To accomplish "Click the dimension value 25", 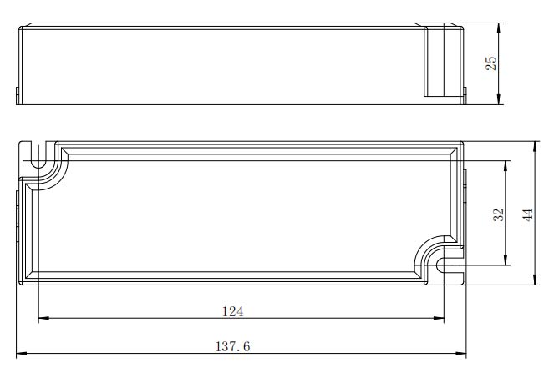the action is coord(490,63).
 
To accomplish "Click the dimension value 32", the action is coord(498,214).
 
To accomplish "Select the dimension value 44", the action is coord(528,214).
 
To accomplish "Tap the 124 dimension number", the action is coord(233,311).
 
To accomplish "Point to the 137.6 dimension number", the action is coord(233,346).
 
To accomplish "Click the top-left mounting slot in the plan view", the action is coord(38,155).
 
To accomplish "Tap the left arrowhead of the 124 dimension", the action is coord(43,318).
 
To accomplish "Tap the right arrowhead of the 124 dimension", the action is coord(439,318).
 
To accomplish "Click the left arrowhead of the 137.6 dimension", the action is coord(22,353).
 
